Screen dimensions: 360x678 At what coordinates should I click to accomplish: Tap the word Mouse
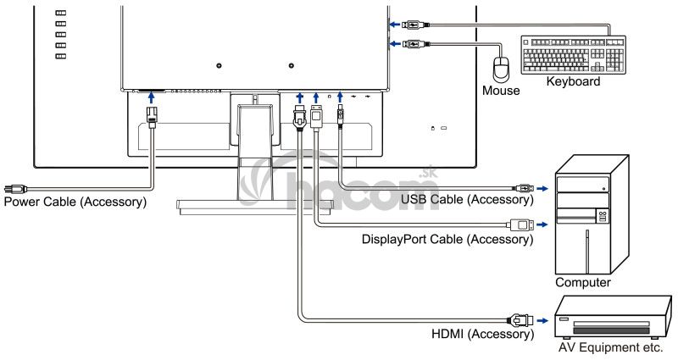coord(500,89)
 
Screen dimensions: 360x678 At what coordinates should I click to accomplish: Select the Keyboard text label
coord(573,82)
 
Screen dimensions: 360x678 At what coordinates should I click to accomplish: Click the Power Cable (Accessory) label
coord(75,203)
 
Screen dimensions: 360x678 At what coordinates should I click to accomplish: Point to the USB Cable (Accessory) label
coord(466,200)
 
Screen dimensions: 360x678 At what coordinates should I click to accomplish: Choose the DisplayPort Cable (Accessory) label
coord(447,240)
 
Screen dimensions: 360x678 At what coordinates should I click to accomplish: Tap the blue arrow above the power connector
coord(152,100)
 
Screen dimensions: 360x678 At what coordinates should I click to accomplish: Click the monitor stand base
coord(254,203)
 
